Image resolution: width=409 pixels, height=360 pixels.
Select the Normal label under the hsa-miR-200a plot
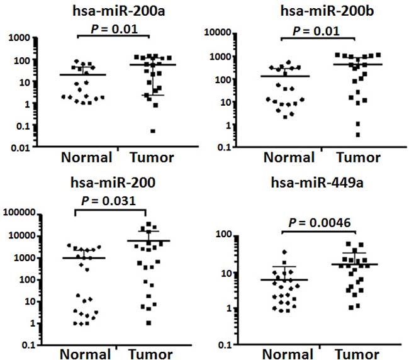point(86,157)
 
